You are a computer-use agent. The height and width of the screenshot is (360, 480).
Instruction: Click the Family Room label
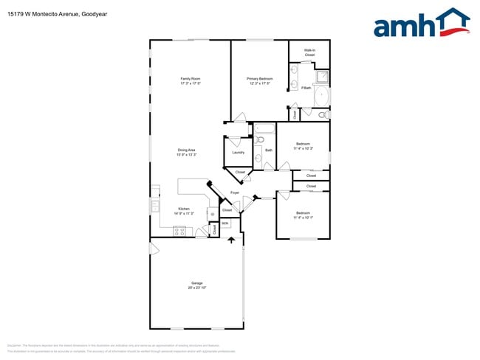point(191,79)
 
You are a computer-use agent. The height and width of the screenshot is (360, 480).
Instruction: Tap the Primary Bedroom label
point(260,79)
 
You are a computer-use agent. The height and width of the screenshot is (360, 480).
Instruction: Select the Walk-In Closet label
point(310,53)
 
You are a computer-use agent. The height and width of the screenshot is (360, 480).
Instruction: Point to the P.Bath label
point(306,89)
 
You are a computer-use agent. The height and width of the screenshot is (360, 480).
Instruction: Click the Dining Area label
point(186,150)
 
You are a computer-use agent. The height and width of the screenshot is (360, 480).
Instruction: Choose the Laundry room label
point(238,153)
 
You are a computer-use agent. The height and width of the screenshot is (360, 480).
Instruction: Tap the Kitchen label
point(183,209)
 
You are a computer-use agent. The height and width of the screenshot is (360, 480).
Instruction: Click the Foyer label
point(235,193)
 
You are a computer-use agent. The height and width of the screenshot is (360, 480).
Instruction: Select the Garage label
point(197,283)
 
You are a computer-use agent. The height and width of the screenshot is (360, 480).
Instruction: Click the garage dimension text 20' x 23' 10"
point(197,288)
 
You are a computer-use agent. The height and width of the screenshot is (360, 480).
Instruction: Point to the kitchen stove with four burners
point(179,231)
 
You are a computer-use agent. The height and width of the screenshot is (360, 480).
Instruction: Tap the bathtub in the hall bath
point(264,129)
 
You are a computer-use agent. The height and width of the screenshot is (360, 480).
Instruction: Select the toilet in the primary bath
point(322,114)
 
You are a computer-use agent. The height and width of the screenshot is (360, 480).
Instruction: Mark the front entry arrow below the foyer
point(232,239)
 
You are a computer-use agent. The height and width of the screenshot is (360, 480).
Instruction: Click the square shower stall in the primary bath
point(323,76)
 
